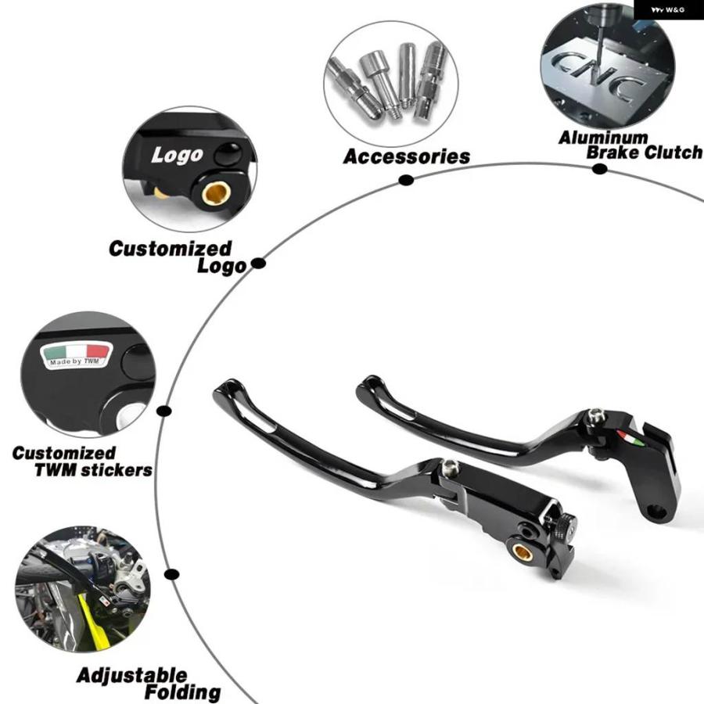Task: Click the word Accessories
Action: coord(406,156)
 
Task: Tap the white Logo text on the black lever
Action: coord(178,156)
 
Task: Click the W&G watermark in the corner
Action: coord(668,9)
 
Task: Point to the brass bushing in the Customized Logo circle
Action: coord(216,193)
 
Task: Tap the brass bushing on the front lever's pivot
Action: coord(523,551)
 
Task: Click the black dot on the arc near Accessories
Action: coord(406,180)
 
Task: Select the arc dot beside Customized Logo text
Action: coord(258,263)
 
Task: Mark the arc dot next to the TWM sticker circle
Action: coord(164,411)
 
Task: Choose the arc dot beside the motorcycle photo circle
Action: coord(171,574)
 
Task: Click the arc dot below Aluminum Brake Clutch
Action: coord(599,169)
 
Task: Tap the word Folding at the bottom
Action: coord(182,692)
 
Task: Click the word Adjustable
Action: coord(132,675)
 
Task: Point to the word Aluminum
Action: coord(603,138)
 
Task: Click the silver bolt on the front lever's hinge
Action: coord(450,469)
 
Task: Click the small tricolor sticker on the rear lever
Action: coord(630,438)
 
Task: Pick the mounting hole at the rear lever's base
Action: coord(656,511)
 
